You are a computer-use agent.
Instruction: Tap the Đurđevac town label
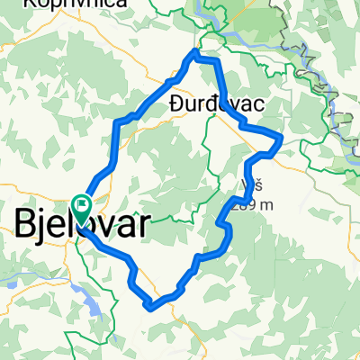(217, 105)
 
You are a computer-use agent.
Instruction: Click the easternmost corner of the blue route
(283, 138)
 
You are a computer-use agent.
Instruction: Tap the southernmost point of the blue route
(148, 307)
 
